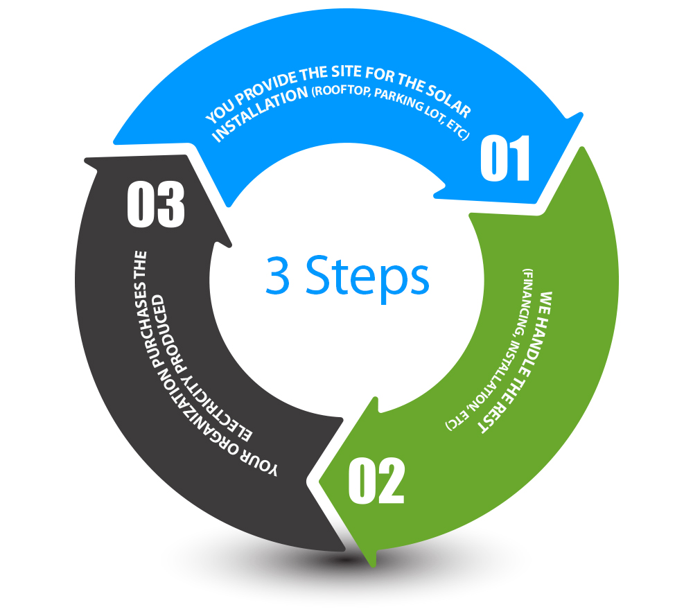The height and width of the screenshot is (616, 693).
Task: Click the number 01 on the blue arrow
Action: pos(505,158)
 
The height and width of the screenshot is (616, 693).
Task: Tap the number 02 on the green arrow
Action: pos(376,481)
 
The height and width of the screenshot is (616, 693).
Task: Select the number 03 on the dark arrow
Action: pos(155,204)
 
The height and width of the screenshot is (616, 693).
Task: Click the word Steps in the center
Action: pos(367,277)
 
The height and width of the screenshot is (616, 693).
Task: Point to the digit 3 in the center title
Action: pos(278,275)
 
